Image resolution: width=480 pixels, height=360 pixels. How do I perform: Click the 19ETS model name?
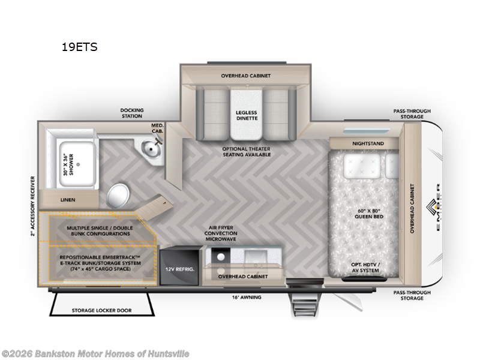pos(79,47)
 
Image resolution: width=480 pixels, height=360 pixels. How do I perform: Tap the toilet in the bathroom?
pos(119,195)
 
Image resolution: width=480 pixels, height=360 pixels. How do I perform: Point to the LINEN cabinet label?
pos(67,200)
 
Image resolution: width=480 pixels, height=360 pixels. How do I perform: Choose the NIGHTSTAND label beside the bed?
pos(365,143)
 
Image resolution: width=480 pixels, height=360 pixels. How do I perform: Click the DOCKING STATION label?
pos(132,113)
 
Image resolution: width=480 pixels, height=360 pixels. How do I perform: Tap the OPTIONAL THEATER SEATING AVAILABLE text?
pos(246,151)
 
